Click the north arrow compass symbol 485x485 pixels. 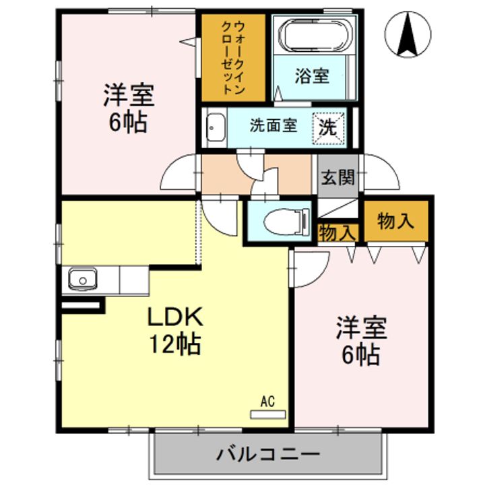(409, 34)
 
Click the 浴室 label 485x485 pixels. (311, 76)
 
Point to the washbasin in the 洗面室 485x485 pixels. (215, 126)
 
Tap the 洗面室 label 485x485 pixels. (273, 125)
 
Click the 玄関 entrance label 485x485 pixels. (337, 178)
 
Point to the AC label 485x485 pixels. (267, 402)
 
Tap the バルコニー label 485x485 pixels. (267, 453)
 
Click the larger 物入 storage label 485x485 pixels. (396, 221)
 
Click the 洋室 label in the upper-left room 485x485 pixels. (128, 96)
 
